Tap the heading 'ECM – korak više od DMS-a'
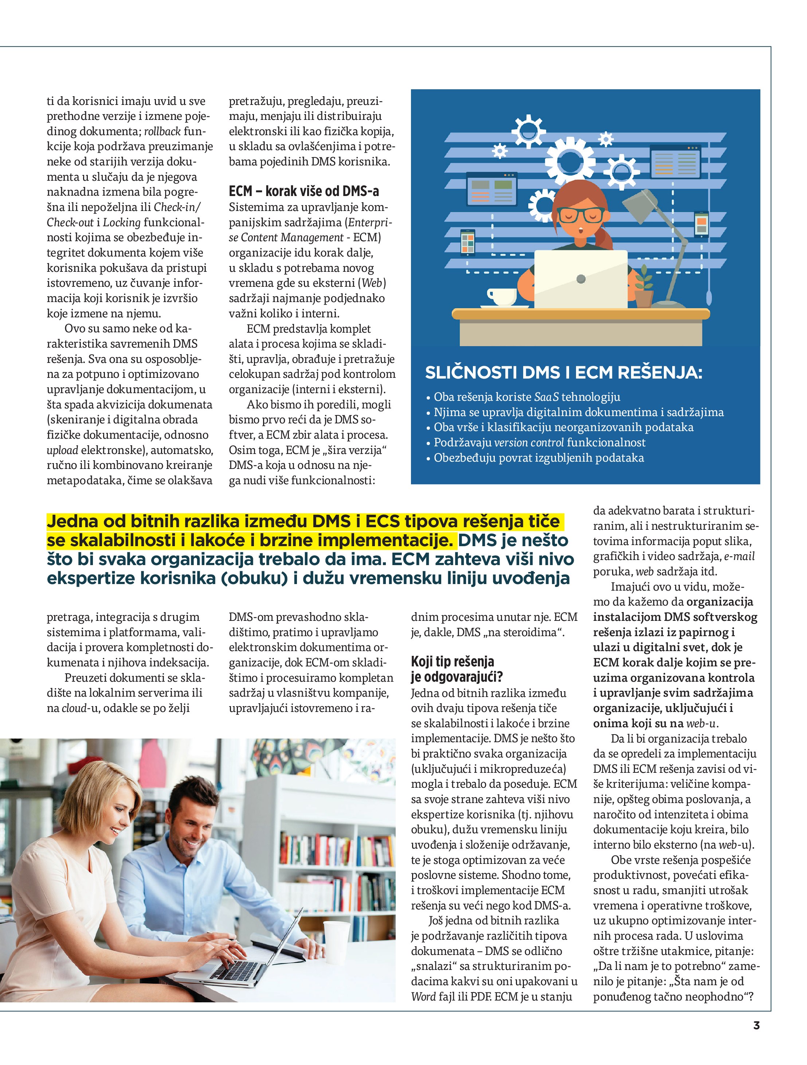(x=304, y=192)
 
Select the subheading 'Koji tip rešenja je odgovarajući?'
(x=456, y=669)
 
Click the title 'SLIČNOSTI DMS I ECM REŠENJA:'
(x=563, y=372)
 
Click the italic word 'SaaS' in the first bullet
(x=547, y=397)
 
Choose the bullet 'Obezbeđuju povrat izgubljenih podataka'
(x=538, y=458)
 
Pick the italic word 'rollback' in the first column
(x=162, y=132)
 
